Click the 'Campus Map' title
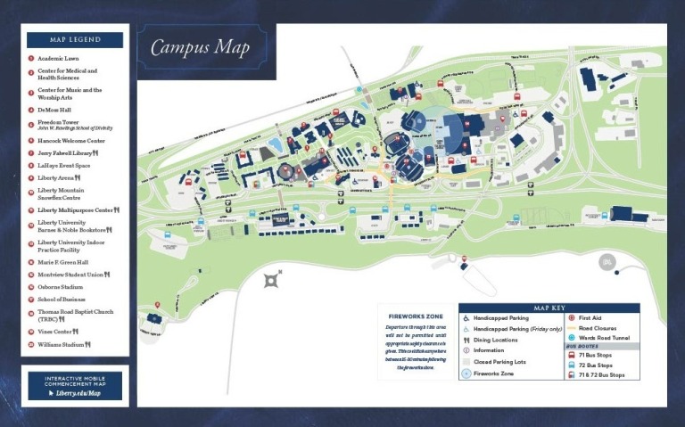[200, 47]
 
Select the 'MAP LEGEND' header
[75, 39]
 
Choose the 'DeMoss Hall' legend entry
[54, 110]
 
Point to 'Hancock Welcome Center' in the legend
[70, 141]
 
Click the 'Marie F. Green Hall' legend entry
[62, 262]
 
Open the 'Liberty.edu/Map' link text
[79, 392]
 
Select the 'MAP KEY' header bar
[549, 308]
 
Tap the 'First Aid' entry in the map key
[590, 317]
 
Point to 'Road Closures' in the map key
[596, 328]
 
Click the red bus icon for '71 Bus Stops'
[571, 356]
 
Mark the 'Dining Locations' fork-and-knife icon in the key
[466, 340]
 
